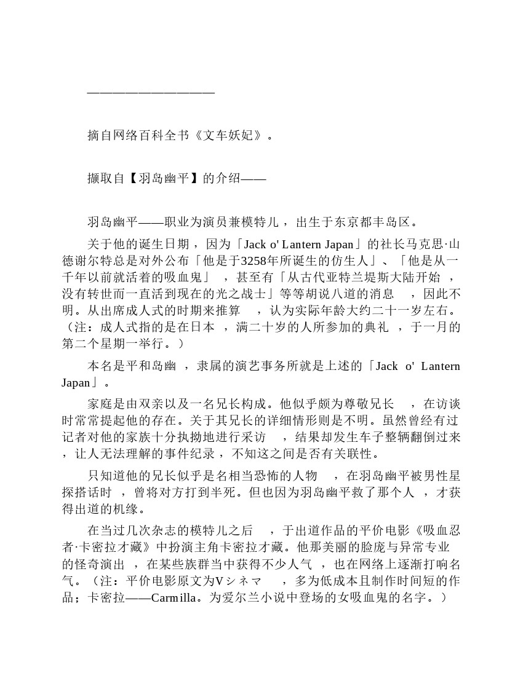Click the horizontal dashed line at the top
pos(151,92)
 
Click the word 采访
pos(253,438)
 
